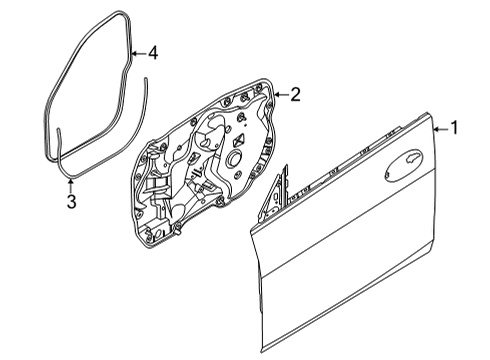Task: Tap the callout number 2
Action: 295,95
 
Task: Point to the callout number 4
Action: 153,52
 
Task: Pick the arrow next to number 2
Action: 280,95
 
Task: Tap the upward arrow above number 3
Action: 71,185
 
